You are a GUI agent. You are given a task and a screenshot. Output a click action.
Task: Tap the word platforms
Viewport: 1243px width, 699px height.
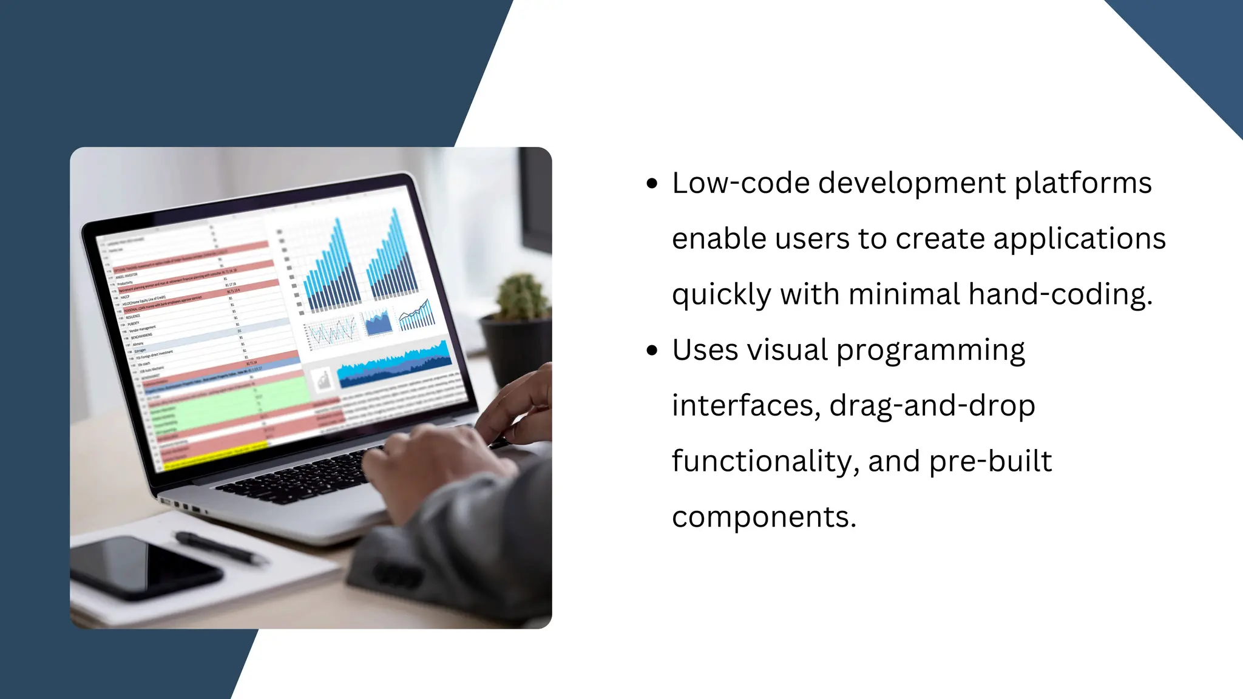(x=1083, y=183)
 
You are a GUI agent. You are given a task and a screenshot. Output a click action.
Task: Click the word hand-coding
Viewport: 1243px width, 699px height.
(x=1060, y=294)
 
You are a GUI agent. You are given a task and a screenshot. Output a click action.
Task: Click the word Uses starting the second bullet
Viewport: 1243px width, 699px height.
(x=705, y=350)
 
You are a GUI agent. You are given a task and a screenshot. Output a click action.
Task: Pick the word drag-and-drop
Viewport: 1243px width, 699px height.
(x=932, y=405)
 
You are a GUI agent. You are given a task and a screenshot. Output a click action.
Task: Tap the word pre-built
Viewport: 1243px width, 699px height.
(x=990, y=461)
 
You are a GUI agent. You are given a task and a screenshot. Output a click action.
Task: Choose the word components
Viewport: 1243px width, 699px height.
(x=763, y=517)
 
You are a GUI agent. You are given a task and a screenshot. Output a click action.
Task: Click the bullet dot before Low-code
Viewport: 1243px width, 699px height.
(x=652, y=183)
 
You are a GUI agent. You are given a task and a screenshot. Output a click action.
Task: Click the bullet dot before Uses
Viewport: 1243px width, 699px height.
(x=652, y=350)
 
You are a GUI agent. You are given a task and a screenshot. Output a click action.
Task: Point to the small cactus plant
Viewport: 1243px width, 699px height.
(x=520, y=297)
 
